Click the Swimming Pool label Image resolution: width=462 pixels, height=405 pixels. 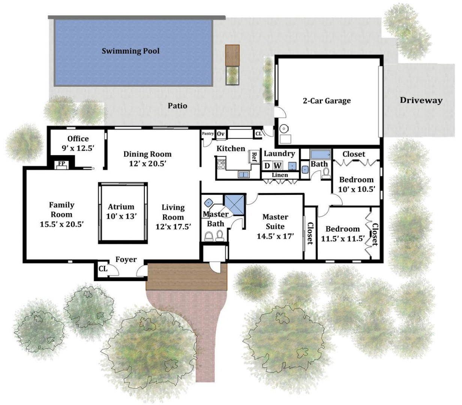pos(130,51)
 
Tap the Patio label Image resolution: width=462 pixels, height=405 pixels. pos(177,106)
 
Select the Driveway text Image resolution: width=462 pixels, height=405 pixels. pos(421,100)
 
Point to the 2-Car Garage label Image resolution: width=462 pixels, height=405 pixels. pos(327,101)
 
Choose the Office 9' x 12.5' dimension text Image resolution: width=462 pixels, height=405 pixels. pos(78,148)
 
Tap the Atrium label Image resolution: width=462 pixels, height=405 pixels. pos(121,206)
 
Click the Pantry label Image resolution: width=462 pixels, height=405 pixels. pos(208,133)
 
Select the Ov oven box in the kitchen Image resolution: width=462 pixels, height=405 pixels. pos(220,134)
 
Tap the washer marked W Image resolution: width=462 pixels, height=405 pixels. pos(277,166)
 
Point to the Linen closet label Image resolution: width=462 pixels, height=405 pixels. pos(280,175)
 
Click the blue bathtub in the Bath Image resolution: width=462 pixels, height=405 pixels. pos(320,154)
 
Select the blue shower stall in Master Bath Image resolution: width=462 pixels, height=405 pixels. pos(234,204)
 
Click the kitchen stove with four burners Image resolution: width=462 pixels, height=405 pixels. pos(221,163)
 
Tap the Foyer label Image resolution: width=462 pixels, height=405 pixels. pos(126,259)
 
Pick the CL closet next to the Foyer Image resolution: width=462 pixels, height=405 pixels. pos(103,269)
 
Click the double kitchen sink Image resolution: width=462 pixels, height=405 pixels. pos(243,175)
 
